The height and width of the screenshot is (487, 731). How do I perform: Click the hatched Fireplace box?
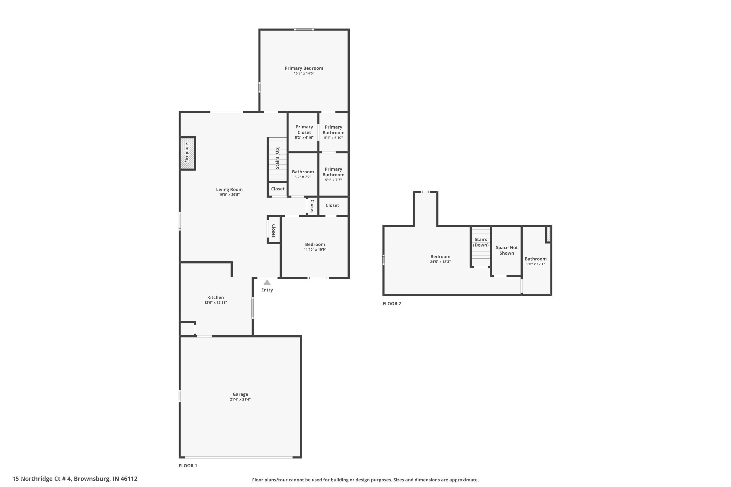click(187, 153)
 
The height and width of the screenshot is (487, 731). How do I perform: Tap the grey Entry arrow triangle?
click(267, 282)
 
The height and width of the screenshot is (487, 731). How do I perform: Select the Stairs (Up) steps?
click(277, 159)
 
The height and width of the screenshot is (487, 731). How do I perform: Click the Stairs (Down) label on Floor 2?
click(481, 242)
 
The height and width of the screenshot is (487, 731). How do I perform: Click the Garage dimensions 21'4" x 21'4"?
click(240, 399)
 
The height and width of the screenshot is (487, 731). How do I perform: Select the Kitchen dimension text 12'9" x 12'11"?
click(215, 302)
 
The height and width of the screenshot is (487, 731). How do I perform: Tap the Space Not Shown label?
click(506, 250)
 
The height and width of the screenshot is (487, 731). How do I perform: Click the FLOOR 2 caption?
click(392, 304)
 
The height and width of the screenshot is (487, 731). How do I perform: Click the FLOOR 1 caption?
click(188, 466)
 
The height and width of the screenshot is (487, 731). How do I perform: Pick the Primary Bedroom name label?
click(304, 68)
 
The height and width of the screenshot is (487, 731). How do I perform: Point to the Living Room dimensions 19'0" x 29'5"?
click(229, 195)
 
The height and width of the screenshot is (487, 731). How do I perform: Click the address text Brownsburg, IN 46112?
click(105, 479)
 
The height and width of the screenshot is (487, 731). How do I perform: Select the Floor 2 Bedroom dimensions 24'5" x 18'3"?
click(440, 262)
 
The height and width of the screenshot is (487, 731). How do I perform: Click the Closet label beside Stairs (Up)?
click(278, 189)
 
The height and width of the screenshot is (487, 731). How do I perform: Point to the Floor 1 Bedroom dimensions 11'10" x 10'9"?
click(315, 249)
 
